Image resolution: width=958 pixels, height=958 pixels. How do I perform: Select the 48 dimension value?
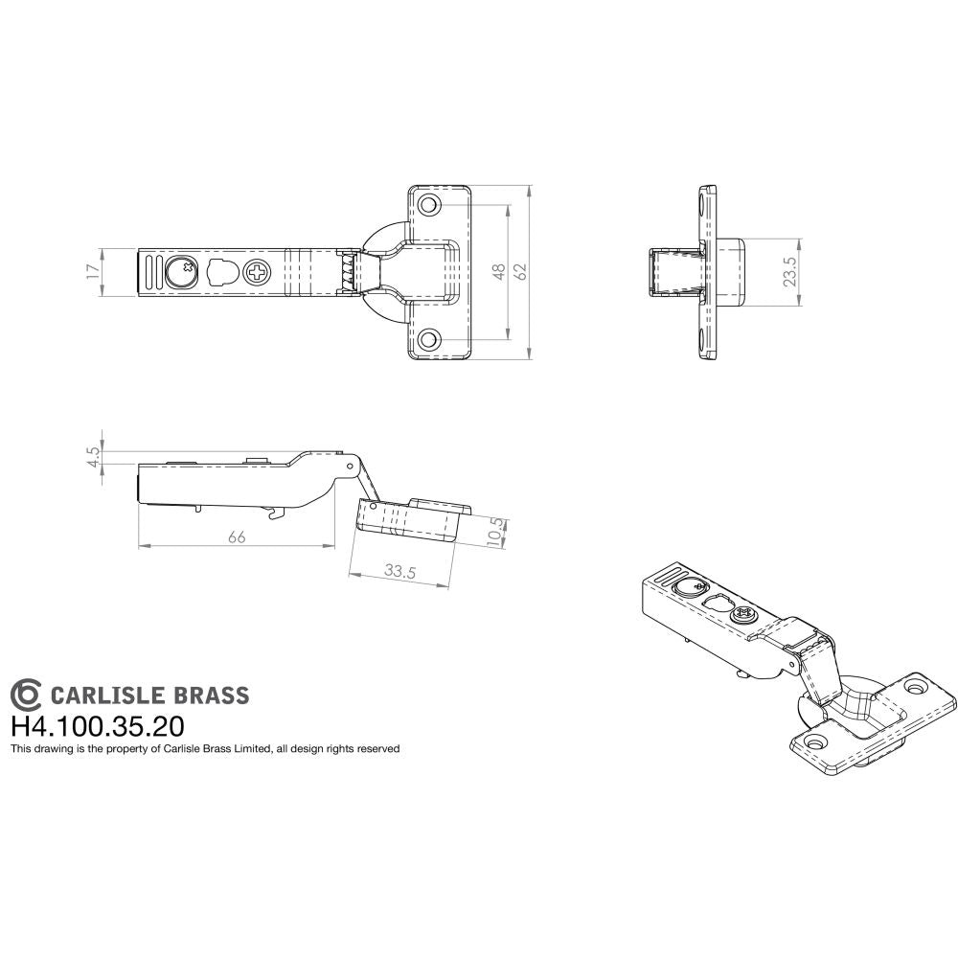498,273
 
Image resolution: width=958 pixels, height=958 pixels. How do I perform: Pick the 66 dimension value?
237,537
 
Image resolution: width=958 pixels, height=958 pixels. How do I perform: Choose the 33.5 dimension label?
399,571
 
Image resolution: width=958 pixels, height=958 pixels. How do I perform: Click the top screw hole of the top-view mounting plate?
428,205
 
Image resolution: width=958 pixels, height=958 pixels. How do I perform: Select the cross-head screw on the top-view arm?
258,273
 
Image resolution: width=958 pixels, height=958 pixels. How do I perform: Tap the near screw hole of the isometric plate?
817,741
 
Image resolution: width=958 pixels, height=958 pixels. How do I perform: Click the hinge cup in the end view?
677,273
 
